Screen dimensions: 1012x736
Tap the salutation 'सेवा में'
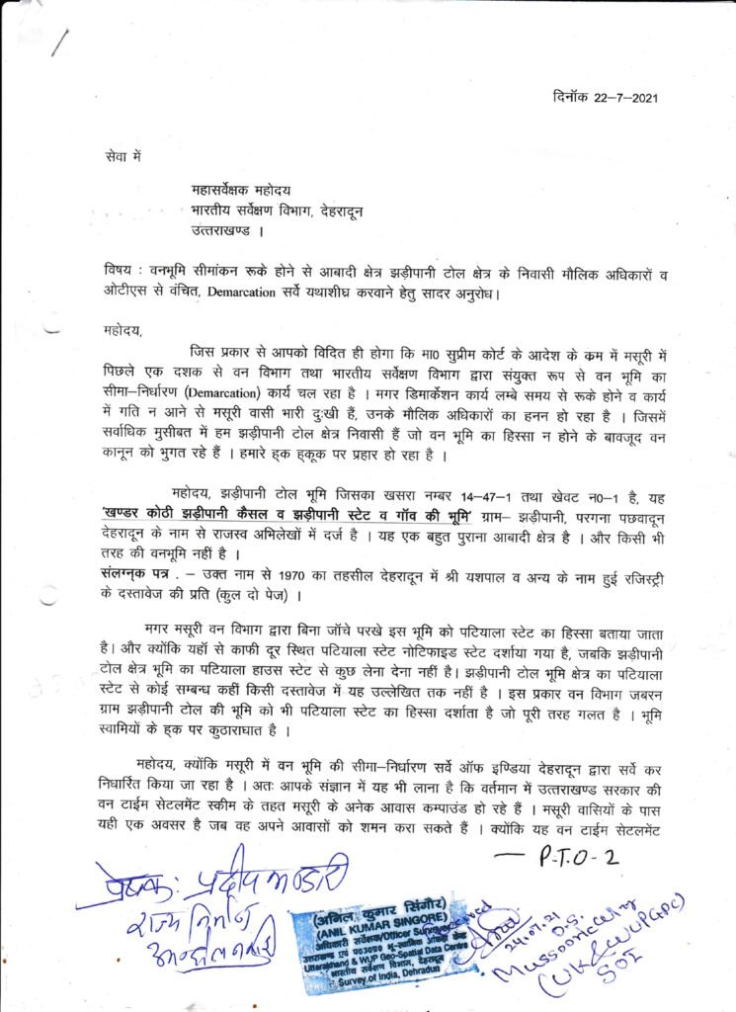[123, 156]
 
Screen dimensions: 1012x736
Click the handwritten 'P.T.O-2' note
[580, 855]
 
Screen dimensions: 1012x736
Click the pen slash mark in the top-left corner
[61, 42]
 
